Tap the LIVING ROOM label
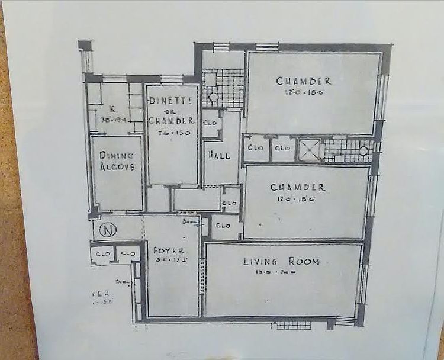point(281,261)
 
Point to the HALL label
point(218,155)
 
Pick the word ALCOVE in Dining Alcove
point(117,166)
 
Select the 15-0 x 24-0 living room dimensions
point(282,272)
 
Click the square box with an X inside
point(309,149)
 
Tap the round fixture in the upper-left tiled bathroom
point(213,97)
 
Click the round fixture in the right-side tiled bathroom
point(363,150)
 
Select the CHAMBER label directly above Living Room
point(297,188)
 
